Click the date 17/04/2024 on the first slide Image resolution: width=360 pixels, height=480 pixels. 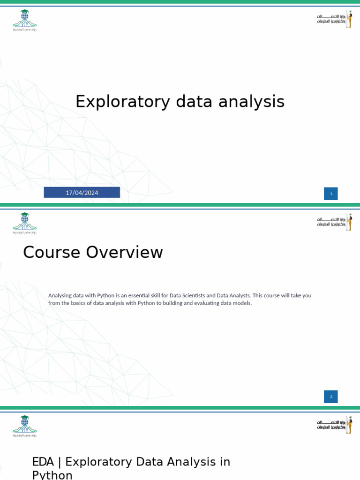82,193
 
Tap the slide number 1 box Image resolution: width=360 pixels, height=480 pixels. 331,194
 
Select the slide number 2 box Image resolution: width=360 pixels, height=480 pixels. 331,397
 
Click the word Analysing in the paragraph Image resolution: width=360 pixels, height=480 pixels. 60,295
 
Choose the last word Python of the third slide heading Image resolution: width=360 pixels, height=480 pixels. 52,475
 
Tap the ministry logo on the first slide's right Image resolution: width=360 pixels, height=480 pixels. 335,19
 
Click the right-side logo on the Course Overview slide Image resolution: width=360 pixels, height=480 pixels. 335,222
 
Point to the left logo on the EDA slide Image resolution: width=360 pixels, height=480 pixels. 24,426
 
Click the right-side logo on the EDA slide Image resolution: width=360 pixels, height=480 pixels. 335,425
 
